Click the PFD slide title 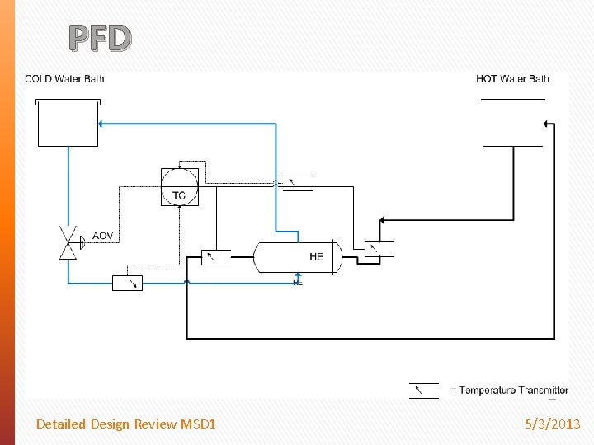pos(100,38)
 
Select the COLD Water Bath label pos(64,79)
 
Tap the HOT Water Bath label pos(512,79)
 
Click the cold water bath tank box pos(68,124)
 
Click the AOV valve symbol pos(68,242)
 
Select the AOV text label pos(103,236)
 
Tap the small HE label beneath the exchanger pos(298,283)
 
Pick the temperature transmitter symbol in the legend pos(424,391)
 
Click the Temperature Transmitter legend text pos(509,391)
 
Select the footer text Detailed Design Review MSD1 pos(125,424)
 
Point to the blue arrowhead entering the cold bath pos(101,124)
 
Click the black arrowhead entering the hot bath pos(545,124)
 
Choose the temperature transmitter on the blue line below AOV pos(127,283)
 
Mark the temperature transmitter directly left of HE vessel pos(216,256)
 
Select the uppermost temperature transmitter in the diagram pos(297,183)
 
